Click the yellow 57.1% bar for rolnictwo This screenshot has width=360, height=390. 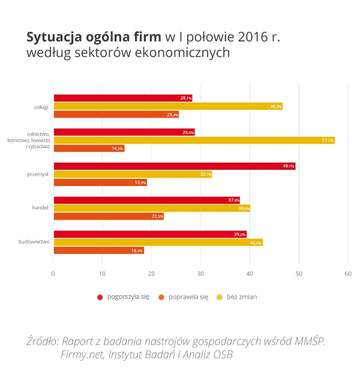(194, 140)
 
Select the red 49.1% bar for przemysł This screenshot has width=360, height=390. (174, 166)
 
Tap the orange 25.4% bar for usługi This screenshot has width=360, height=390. (116, 115)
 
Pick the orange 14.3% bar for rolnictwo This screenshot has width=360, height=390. (89, 148)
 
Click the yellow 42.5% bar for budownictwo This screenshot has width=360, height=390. (158, 242)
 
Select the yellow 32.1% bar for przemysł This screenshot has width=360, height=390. (133, 175)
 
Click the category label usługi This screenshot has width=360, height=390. (41, 106)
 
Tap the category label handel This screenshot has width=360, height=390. (40, 208)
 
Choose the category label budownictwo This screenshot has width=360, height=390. (35, 242)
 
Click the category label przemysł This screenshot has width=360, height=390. (38, 175)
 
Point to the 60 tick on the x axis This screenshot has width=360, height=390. (347, 274)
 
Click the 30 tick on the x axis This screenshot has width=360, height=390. (200, 274)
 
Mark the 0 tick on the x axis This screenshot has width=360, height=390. (53, 274)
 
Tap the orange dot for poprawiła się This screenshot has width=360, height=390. (161, 297)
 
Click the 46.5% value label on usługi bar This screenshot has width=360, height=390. (276, 106)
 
